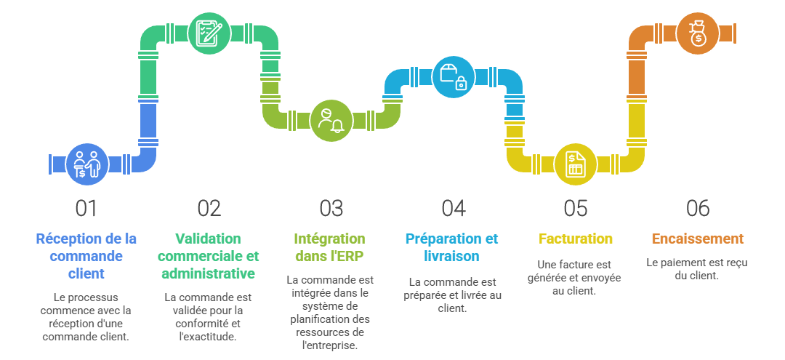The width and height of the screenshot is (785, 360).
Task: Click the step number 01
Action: click(x=86, y=209)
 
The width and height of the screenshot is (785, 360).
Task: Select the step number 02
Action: click(x=209, y=209)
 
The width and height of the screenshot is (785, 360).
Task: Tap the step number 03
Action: click(x=331, y=209)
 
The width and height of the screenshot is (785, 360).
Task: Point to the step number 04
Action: click(x=453, y=209)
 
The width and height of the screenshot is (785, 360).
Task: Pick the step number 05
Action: click(x=575, y=209)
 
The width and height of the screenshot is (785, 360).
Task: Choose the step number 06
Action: click(x=697, y=209)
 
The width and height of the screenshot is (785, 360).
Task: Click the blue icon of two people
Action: click(x=87, y=163)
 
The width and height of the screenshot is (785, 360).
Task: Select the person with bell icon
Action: click(x=331, y=120)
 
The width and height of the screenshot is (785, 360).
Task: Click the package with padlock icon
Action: click(x=454, y=76)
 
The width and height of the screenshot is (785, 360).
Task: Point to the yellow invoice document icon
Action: click(x=576, y=163)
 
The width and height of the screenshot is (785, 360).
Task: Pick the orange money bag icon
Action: click(x=698, y=33)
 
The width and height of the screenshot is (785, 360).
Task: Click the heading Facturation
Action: click(x=576, y=239)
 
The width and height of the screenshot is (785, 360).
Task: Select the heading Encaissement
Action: click(x=697, y=239)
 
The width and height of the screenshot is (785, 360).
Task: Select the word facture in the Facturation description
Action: click(x=568, y=264)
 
